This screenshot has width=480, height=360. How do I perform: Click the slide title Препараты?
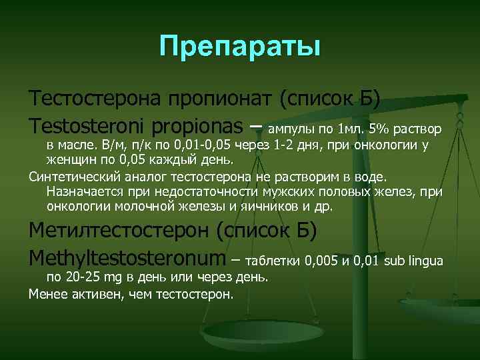point(240,47)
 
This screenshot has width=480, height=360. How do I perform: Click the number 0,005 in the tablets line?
point(321,260)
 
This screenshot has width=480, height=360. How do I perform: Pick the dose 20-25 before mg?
point(81,277)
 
